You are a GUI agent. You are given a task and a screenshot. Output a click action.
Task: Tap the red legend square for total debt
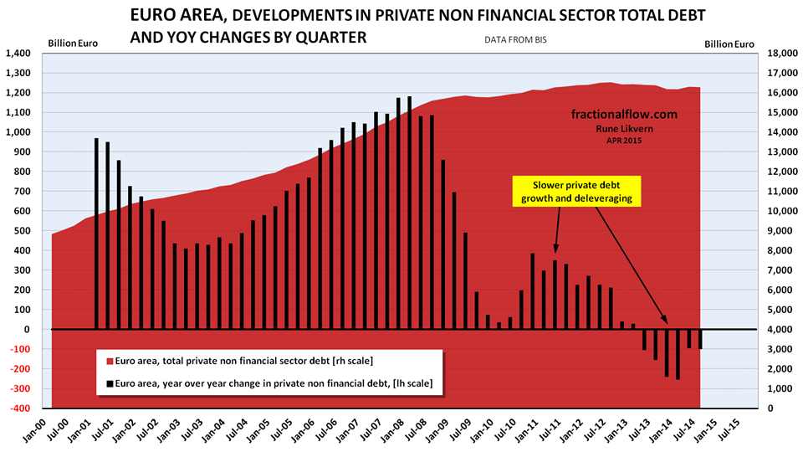pos(110,361)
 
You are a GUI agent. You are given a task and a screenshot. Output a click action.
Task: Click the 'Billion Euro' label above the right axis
pos(729,44)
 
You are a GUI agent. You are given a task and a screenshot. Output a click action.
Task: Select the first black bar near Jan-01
pos(97,234)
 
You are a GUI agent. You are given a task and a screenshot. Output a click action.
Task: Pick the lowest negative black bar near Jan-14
pos(678,354)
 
